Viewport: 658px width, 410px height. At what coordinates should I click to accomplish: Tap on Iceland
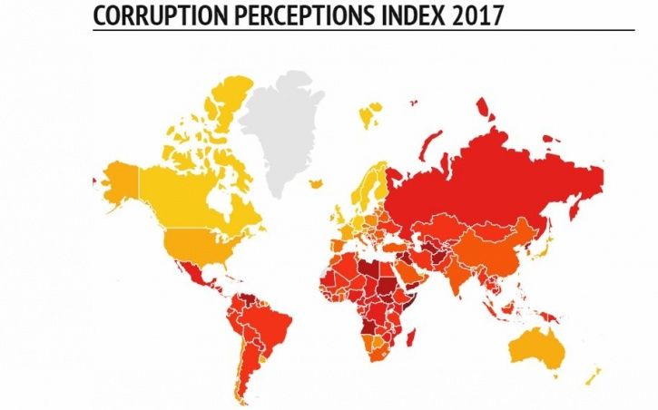pos(317,184)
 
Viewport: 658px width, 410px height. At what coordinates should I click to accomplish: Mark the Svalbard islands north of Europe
pos(369,115)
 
